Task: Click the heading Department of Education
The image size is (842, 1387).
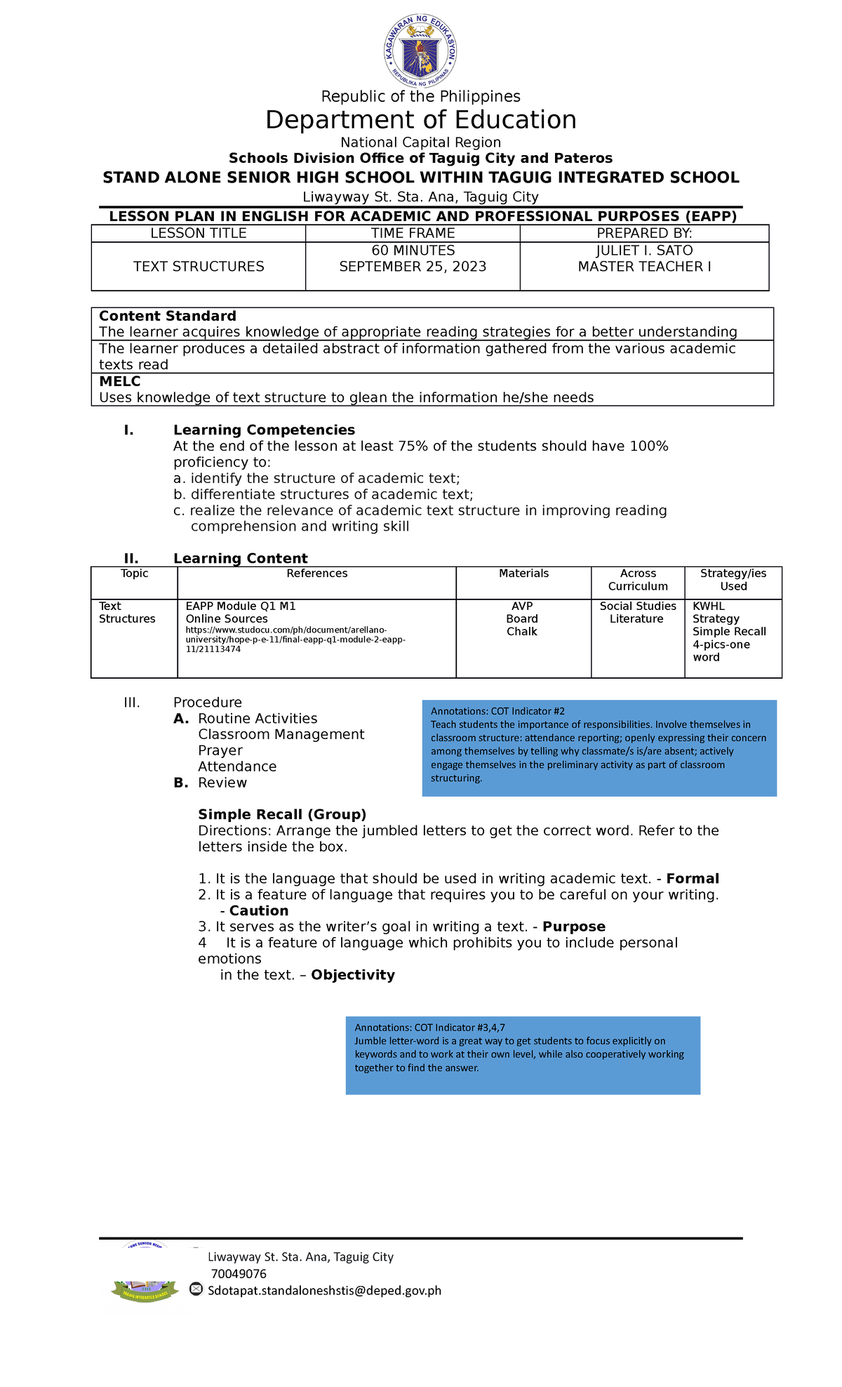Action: [420, 120]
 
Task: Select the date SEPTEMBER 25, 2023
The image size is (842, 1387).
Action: [413, 267]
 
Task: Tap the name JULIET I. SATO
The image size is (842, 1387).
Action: [644, 251]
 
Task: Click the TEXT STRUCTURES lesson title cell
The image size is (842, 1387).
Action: [199, 267]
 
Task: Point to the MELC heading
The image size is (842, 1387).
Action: [120, 382]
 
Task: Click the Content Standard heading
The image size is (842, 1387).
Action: [168, 316]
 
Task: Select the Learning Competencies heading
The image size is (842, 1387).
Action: [264, 430]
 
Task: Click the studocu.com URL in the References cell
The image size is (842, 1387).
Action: [295, 639]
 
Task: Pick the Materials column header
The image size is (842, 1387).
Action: [523, 573]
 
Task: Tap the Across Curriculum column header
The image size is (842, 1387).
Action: [638, 580]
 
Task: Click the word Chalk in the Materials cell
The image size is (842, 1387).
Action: [522, 632]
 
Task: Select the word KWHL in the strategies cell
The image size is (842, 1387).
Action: [709, 606]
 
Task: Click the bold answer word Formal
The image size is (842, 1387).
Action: [693, 879]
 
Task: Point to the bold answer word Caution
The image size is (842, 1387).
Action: [259, 911]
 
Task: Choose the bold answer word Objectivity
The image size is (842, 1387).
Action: [353, 975]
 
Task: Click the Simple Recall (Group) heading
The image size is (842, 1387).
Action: [282, 814]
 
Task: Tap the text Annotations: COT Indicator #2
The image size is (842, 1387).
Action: [497, 711]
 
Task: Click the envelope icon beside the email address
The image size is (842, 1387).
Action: [196, 1289]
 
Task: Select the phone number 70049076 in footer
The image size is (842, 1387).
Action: [239, 1273]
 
